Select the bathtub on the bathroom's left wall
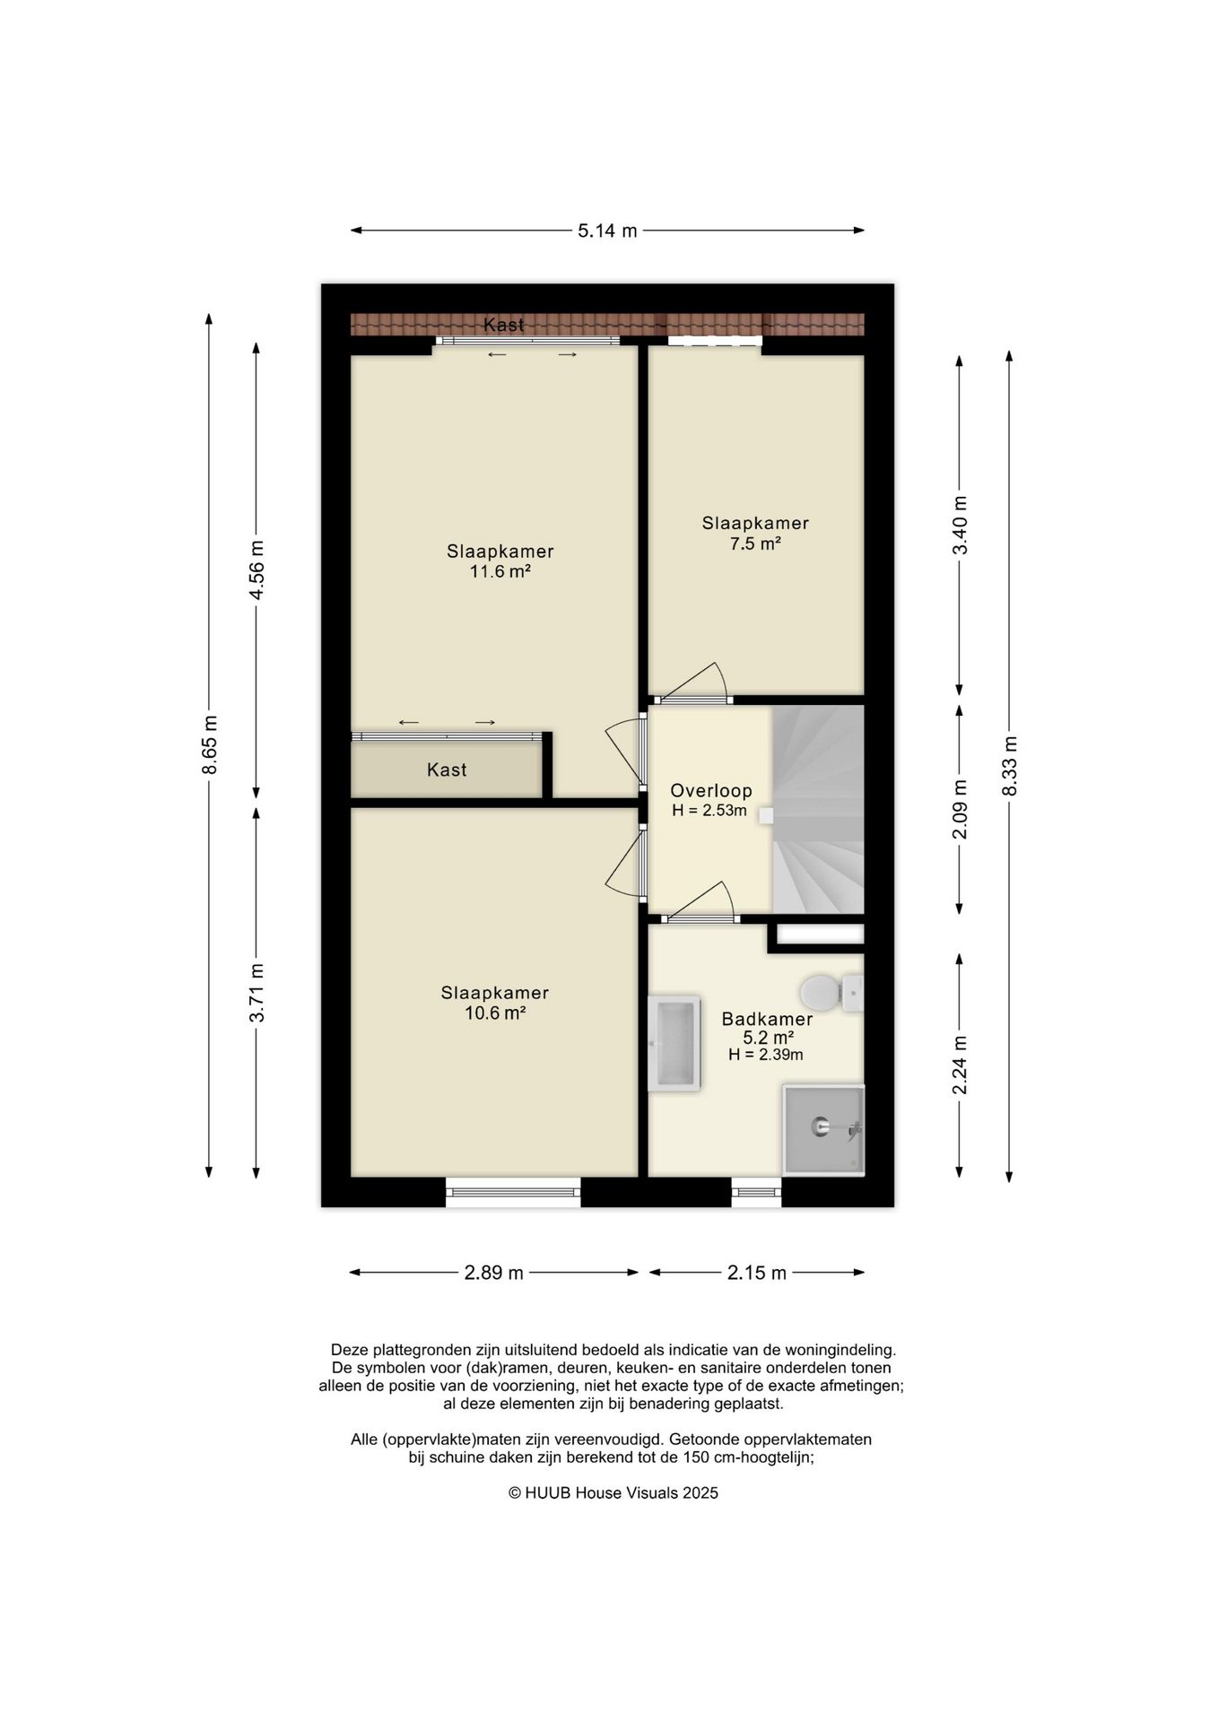(674, 1043)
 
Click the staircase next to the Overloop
(818, 809)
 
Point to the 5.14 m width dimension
(607, 230)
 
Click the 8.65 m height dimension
(209, 744)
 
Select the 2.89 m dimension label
(493, 1273)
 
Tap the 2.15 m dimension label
(757, 1273)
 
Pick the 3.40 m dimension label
(960, 526)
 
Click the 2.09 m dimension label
(960, 809)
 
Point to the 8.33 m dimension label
(1010, 766)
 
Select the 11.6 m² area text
(500, 571)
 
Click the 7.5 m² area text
(755, 543)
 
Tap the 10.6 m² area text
(495, 1013)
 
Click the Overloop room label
(711, 791)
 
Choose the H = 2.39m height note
(766, 1055)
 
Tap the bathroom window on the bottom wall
(756, 1192)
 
